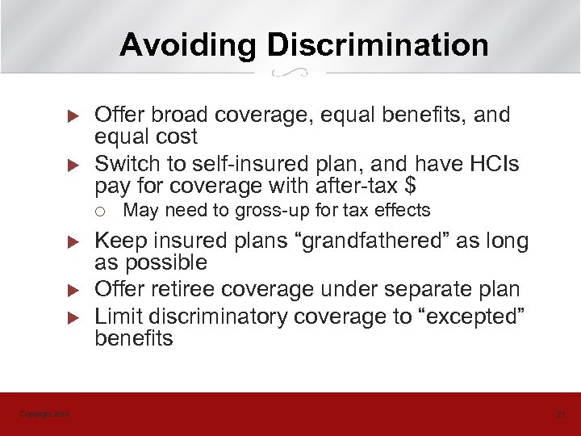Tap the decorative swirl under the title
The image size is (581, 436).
tap(290, 73)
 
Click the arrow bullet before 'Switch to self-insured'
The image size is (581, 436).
tap(70, 166)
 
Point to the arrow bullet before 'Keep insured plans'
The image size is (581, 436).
tap(70, 242)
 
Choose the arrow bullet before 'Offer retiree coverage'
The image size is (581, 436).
tap(70, 289)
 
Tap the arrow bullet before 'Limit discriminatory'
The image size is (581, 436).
tap(70, 317)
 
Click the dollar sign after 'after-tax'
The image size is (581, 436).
tap(411, 186)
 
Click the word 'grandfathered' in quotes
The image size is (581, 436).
tap(380, 241)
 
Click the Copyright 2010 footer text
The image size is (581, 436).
tap(44, 414)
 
